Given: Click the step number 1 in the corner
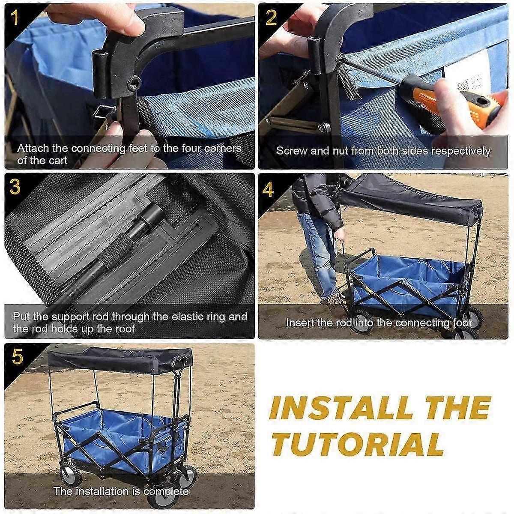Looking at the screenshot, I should pos(15,18).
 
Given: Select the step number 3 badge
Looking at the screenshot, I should pos(15,187).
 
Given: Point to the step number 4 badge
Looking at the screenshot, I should pos(269,188).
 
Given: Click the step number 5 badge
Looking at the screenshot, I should pos(16,357).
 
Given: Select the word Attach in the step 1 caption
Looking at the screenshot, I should pos(34,149).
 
